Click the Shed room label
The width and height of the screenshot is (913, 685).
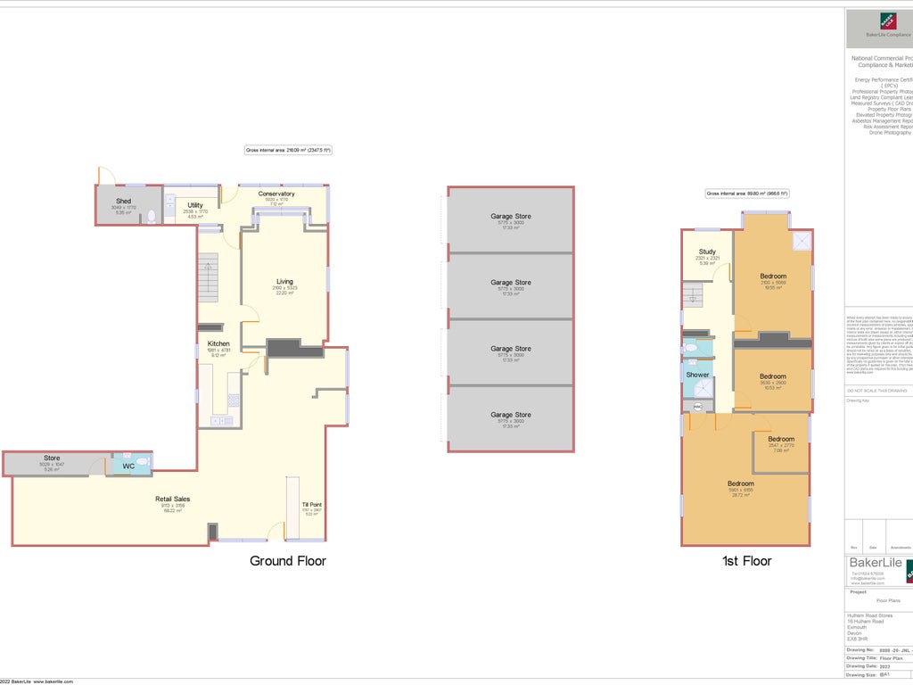pyautogui.click(x=123, y=202)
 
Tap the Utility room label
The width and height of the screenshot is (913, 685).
pyautogui.click(x=194, y=206)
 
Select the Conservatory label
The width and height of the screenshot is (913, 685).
pyautogui.click(x=276, y=194)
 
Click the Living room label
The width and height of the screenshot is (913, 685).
pyautogui.click(x=284, y=282)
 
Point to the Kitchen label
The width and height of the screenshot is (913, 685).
pyautogui.click(x=218, y=343)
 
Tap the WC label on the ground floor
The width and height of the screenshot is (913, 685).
pyautogui.click(x=128, y=466)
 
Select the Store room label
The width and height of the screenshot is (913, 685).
pyautogui.click(x=52, y=458)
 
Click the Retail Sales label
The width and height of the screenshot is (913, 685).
pyautogui.click(x=172, y=499)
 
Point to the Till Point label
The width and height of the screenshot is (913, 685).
pyautogui.click(x=311, y=505)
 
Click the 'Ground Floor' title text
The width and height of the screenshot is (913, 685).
pyautogui.click(x=287, y=561)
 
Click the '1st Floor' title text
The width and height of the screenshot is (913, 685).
pyautogui.click(x=746, y=561)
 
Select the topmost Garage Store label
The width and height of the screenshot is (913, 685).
pyautogui.click(x=511, y=217)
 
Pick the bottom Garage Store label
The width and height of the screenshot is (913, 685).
pyautogui.click(x=511, y=415)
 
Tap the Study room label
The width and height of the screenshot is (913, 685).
pyautogui.click(x=707, y=252)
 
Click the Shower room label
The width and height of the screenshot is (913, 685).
pyautogui.click(x=697, y=375)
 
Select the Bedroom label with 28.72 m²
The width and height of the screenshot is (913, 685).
pyautogui.click(x=740, y=484)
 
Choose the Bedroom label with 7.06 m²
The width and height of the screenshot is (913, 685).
pyautogui.click(x=781, y=439)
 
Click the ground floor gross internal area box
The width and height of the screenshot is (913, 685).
pyautogui.click(x=288, y=151)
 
